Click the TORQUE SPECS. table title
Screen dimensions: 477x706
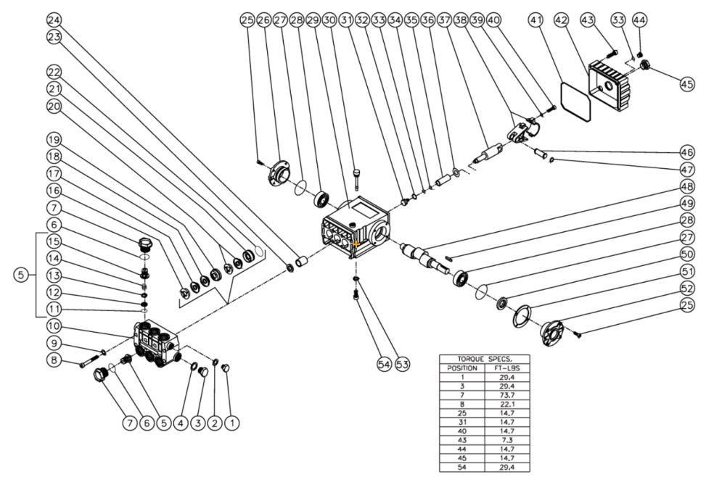click(484, 359)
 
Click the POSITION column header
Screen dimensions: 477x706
click(462, 368)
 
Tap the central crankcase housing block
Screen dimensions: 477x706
click(354, 225)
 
